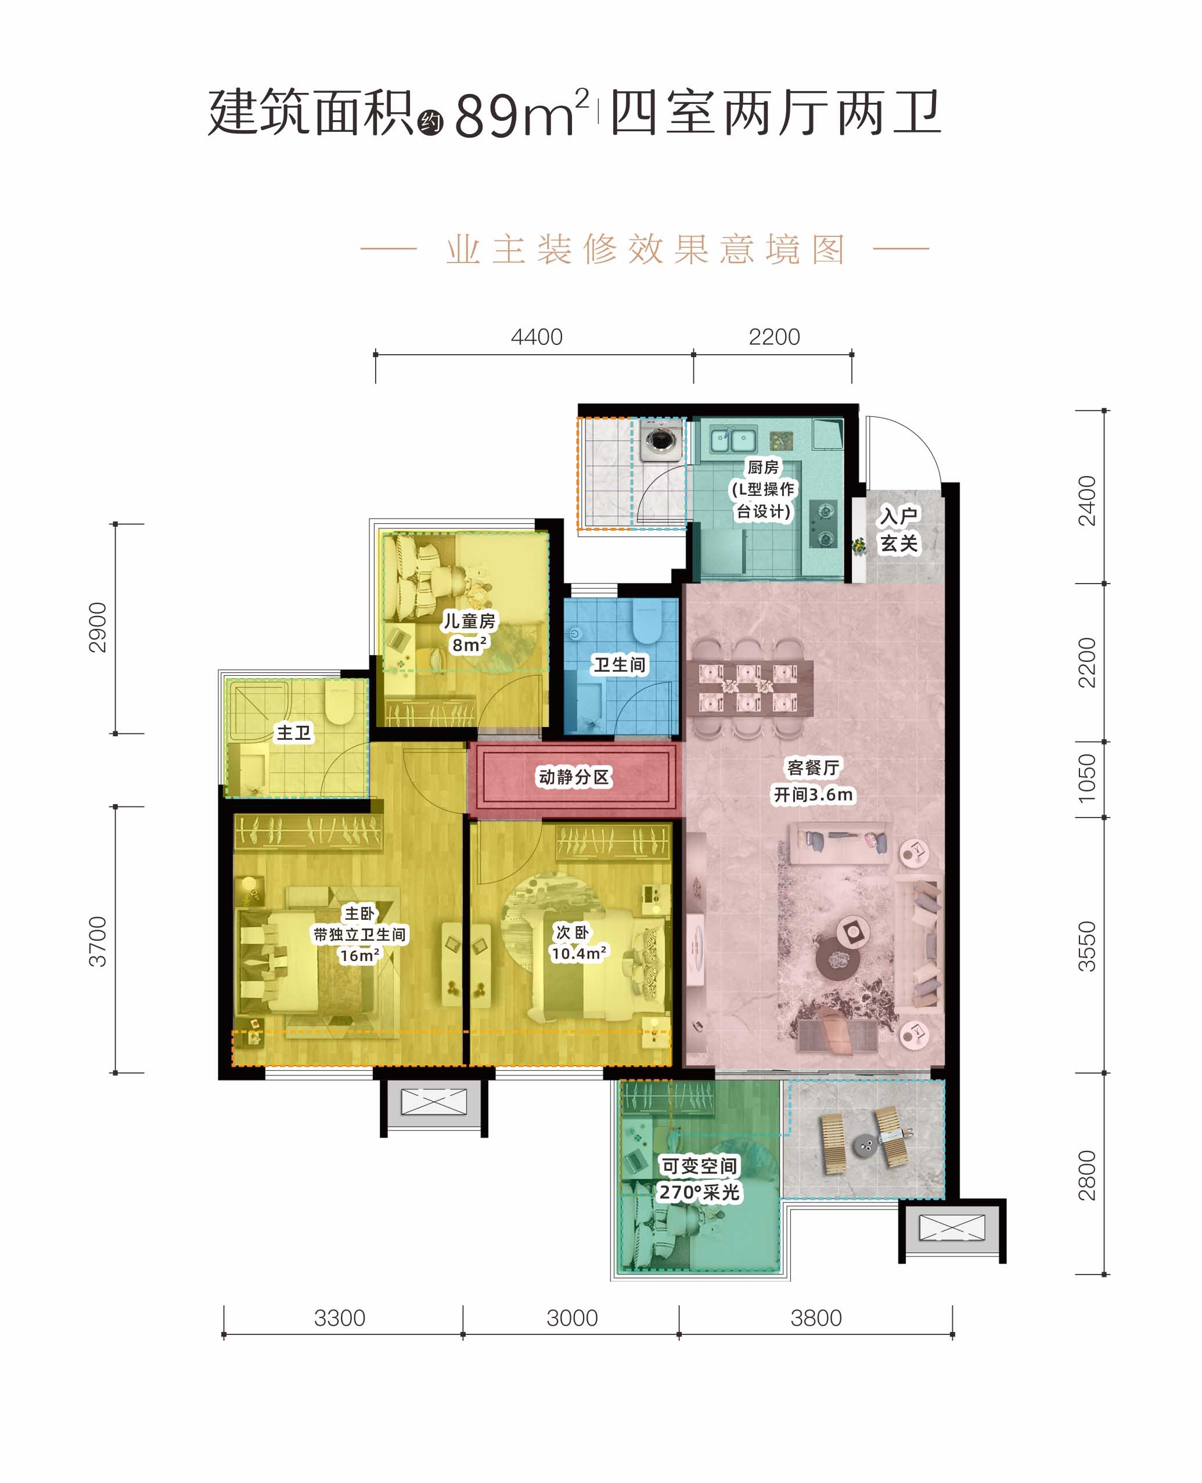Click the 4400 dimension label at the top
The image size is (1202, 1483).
537,337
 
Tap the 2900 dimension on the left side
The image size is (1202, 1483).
98,627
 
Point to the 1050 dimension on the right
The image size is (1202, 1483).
1087,778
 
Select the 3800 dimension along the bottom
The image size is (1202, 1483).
816,1318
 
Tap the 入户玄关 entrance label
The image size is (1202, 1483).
899,530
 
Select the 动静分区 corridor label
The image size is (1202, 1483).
574,777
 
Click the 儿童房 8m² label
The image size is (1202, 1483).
469,633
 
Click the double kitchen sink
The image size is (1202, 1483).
731,439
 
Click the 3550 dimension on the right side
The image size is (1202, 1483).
1087,946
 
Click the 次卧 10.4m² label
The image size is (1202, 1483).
579,943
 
